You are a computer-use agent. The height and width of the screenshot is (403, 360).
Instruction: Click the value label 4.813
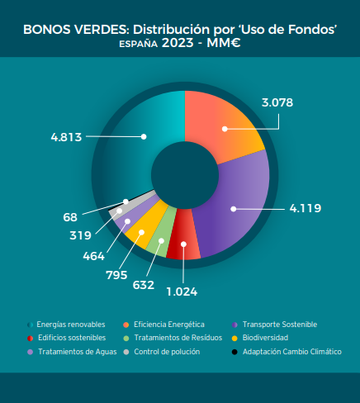click(66, 137)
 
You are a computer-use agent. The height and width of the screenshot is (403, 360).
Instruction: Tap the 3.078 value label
click(277, 102)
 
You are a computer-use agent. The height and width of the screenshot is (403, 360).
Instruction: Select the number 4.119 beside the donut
click(306, 208)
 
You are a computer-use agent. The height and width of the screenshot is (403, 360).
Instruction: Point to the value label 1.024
click(182, 292)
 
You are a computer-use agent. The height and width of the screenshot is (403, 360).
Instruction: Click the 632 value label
click(144, 285)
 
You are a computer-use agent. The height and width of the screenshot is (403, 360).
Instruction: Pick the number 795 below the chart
click(116, 275)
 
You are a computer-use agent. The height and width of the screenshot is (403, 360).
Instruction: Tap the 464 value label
click(94, 256)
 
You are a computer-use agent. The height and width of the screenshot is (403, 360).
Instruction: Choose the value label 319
click(80, 235)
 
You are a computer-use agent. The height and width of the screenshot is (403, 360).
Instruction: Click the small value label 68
click(70, 217)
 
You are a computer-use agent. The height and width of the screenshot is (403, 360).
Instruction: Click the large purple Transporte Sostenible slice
click(237, 204)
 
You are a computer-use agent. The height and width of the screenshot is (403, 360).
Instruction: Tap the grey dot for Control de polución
click(126, 352)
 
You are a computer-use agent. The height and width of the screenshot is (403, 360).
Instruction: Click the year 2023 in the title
click(178, 43)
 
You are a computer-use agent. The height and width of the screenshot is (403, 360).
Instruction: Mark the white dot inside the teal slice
click(144, 136)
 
